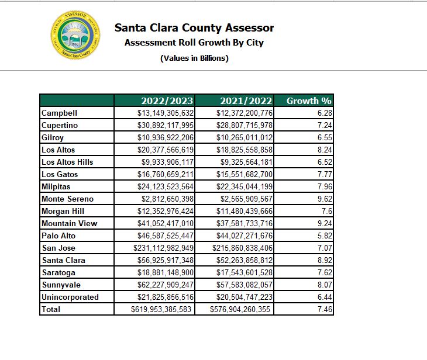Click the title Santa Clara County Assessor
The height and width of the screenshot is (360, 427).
click(194, 27)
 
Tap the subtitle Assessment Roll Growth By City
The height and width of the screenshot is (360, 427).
click(194, 43)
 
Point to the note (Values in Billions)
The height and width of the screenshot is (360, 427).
click(194, 58)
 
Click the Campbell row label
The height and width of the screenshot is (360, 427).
click(59, 113)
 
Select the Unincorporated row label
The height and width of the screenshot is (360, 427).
click(70, 297)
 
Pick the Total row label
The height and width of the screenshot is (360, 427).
click(51, 309)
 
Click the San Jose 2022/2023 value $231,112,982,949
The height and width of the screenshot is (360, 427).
click(161, 248)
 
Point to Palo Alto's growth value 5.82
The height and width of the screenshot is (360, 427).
click(323, 236)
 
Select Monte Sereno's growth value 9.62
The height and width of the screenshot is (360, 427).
click(323, 199)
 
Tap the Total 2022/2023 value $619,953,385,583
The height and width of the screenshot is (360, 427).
click(161, 309)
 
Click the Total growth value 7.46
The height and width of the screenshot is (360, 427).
click(323, 309)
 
